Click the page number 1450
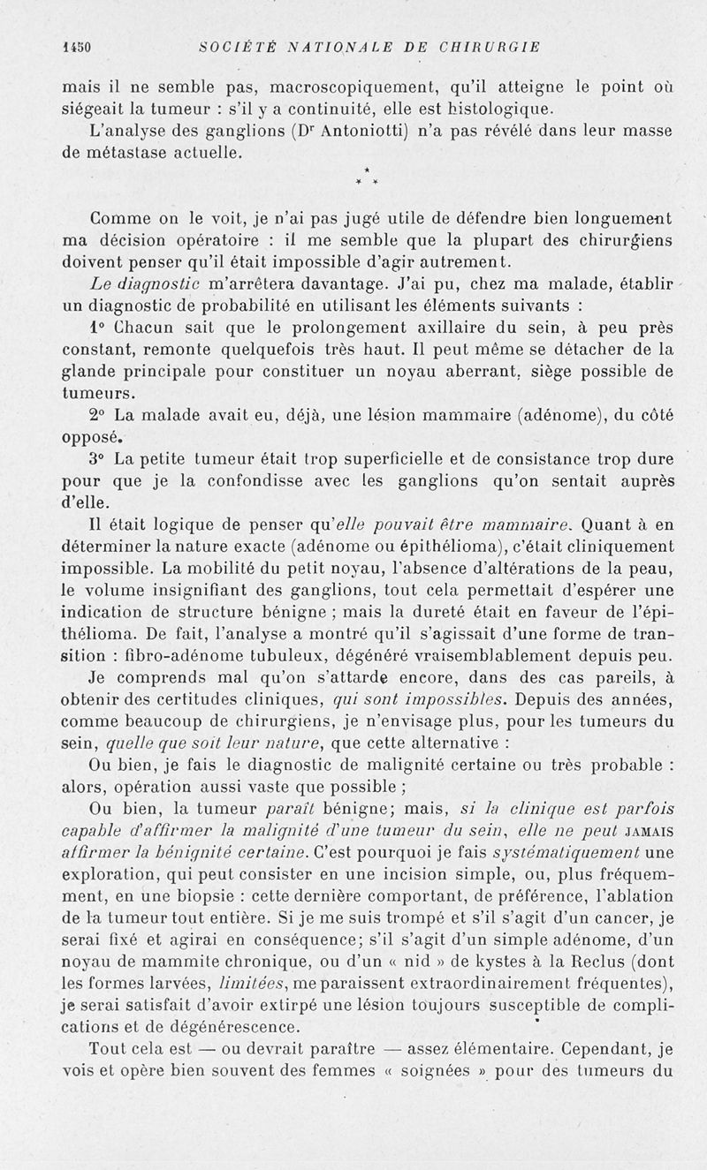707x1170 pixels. pos(78,47)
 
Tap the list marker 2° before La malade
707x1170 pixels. pos(99,414)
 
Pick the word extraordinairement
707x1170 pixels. pos(478,982)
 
